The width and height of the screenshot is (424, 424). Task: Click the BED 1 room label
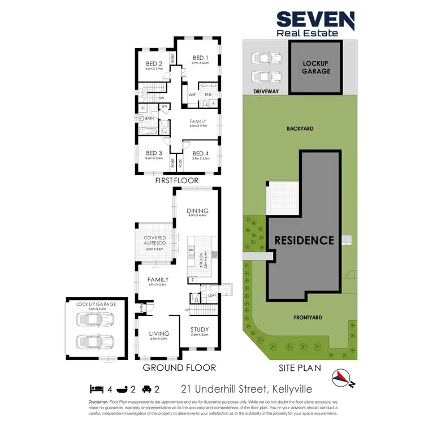pos(201,58)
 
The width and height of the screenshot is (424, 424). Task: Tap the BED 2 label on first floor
pos(154,63)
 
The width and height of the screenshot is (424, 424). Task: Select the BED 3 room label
pos(154,153)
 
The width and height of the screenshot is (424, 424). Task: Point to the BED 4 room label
pos(201,153)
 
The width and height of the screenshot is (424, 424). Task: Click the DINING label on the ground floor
pos(197,210)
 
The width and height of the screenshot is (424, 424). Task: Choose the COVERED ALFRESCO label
pos(154,241)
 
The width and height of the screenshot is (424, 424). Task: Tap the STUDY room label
pos(200,330)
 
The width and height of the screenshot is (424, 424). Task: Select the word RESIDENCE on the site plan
pos(304,240)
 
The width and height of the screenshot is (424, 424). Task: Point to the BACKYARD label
pos(300,129)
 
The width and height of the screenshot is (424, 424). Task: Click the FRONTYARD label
pos(308,318)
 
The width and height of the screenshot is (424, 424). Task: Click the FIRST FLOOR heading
pos(177,181)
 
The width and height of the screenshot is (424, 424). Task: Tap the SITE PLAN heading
pos(299,368)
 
